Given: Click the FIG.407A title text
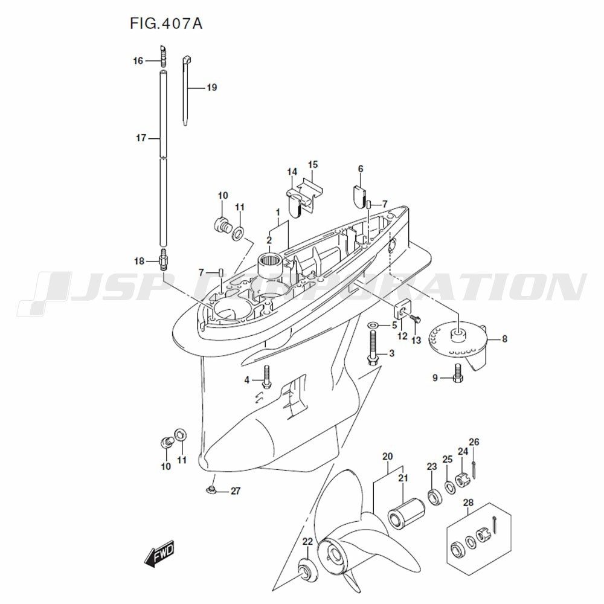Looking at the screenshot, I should pos(166,24).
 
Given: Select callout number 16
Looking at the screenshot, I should pos(138,60).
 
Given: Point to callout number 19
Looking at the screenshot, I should pos(211,88).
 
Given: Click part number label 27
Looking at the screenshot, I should pos(235,491).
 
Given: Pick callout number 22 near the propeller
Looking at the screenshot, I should pos(307,541).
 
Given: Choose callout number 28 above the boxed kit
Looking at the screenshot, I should pos(468,503).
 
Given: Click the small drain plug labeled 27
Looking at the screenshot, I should pos(211,487).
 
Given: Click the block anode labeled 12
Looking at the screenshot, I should pos(401,312).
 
